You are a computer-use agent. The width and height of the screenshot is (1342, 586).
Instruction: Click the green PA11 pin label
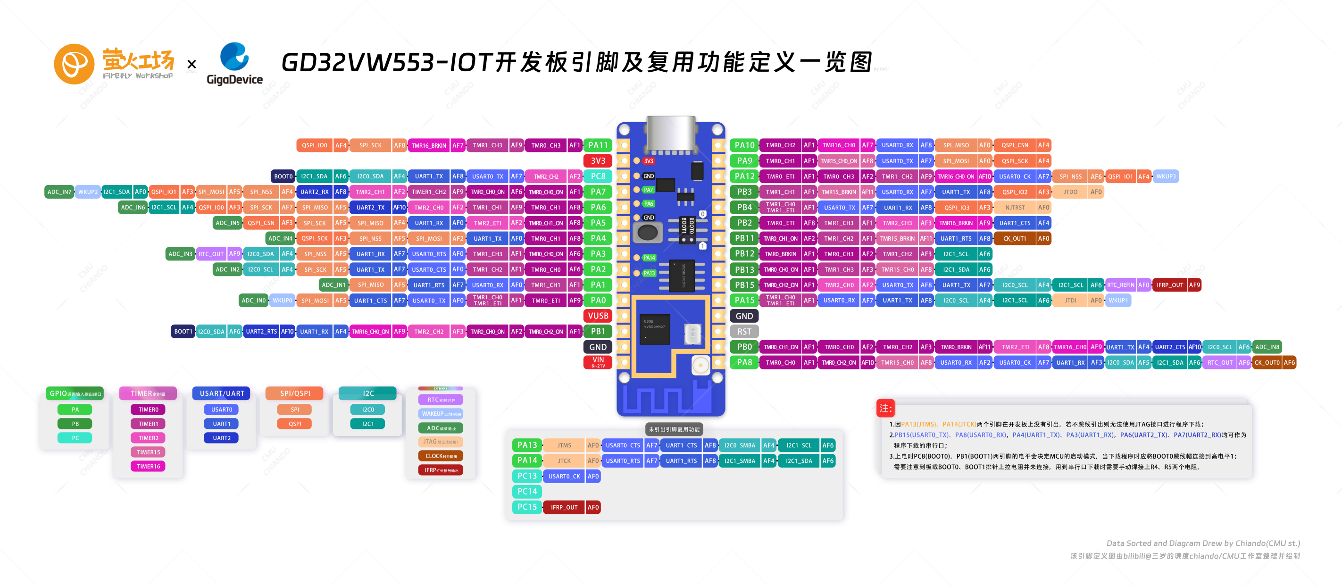(598, 145)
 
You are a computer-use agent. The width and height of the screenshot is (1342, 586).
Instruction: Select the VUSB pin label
(598, 316)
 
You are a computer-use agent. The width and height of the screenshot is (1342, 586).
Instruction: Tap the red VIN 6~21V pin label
(598, 362)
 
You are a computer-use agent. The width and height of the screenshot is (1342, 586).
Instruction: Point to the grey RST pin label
(744, 331)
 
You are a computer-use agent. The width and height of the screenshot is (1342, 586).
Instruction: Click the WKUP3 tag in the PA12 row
(1166, 176)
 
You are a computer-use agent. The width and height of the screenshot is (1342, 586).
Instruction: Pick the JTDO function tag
(1070, 192)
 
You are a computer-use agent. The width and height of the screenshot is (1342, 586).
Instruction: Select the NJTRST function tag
(1015, 207)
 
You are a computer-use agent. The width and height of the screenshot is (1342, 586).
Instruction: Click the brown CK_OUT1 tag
(1015, 239)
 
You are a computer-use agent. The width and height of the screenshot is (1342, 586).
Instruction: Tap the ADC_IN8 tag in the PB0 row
(1267, 347)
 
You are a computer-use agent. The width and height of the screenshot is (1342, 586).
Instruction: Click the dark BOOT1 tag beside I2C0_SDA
(183, 331)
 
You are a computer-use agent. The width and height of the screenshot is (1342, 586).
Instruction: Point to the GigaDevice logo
(234, 64)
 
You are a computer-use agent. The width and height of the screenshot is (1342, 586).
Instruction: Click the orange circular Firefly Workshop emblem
(74, 64)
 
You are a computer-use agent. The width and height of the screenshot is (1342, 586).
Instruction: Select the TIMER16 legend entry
(149, 466)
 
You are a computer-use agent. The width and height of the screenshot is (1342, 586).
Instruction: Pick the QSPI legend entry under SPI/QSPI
(295, 424)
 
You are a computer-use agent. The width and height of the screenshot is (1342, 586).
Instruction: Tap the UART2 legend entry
(221, 438)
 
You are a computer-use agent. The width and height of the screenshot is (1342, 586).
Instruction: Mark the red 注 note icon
(885, 408)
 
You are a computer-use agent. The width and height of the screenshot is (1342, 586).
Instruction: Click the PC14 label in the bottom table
(527, 491)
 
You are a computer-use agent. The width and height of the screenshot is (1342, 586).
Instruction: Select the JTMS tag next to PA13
(564, 445)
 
